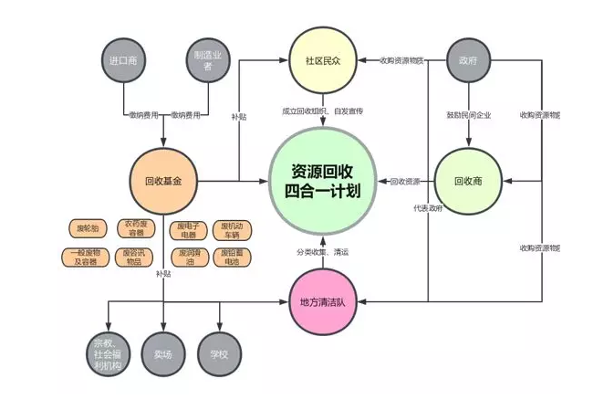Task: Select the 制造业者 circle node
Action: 209,60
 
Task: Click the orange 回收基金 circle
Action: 164,181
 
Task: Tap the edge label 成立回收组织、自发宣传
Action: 322,110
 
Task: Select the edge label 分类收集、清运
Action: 322,251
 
